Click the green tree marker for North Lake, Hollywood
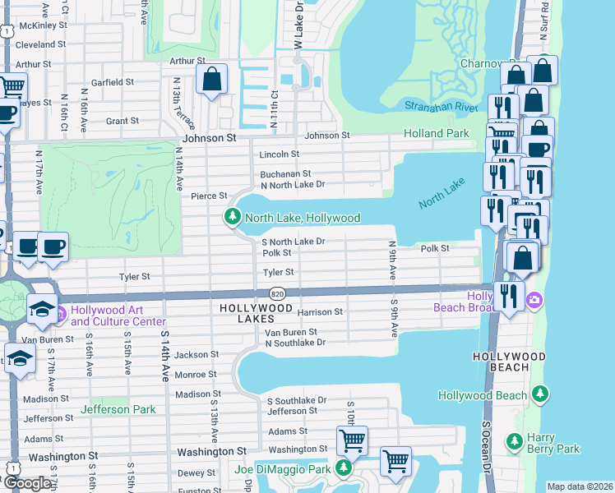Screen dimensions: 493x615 [233, 218]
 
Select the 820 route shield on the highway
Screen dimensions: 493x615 [276, 293]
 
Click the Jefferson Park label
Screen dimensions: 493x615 [117, 409]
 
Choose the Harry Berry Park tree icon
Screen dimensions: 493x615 [514, 442]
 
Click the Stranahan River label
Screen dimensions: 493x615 [441, 107]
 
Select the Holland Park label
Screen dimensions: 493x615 [436, 133]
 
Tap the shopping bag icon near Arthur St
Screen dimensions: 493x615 [212, 80]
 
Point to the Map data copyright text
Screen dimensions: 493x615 [580, 486]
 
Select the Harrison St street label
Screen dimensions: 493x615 [320, 312]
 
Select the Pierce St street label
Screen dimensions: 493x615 [209, 196]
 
